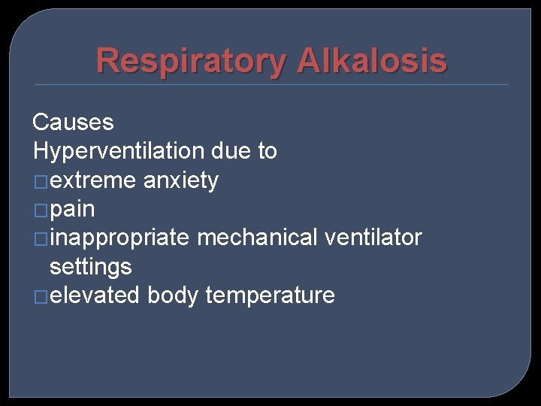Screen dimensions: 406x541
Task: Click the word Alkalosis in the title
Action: pyautogui.click(x=371, y=61)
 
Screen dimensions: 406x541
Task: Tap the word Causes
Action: pyautogui.click(x=73, y=122)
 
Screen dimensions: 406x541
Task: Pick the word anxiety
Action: pyautogui.click(x=180, y=180)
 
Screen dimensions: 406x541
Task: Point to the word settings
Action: pyautogui.click(x=90, y=267)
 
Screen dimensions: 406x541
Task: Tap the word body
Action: pyautogui.click(x=173, y=295)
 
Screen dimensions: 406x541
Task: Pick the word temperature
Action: pyautogui.click(x=270, y=295)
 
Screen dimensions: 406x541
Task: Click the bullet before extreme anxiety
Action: pyautogui.click(x=40, y=181)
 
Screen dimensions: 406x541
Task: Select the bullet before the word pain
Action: pyautogui.click(x=40, y=210)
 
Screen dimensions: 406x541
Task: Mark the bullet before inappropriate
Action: pyautogui.click(x=40, y=238)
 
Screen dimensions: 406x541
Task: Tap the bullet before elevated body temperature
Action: pyautogui.click(x=40, y=296)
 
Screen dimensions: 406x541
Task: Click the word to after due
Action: pyautogui.click(x=267, y=151)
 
